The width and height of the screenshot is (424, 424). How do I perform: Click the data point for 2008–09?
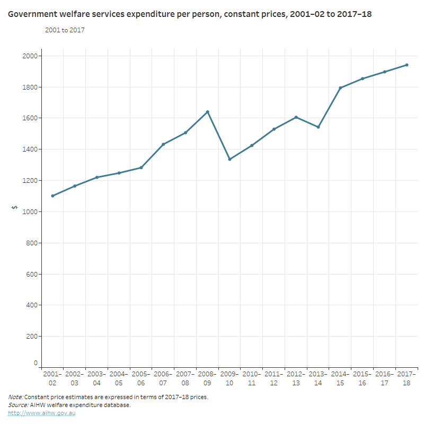pyautogui.click(x=208, y=112)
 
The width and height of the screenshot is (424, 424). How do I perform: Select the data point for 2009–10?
pyautogui.click(x=229, y=159)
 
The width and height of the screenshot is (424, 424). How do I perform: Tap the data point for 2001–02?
pyautogui.click(x=52, y=196)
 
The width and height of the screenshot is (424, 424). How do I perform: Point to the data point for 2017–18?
pyautogui.click(x=407, y=65)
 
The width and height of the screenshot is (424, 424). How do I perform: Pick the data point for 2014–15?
pyautogui.click(x=340, y=88)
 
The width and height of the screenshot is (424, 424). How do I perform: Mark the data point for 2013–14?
pyautogui.click(x=318, y=127)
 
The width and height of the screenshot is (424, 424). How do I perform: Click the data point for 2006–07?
pyautogui.click(x=163, y=144)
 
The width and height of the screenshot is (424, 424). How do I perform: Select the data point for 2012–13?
pyautogui.click(x=296, y=117)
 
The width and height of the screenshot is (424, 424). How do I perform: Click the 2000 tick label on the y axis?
pyautogui.click(x=31, y=56)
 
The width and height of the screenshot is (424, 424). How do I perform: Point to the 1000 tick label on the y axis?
pyautogui.click(x=31, y=211)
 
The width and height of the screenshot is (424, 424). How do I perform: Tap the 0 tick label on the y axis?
pyautogui.click(x=36, y=364)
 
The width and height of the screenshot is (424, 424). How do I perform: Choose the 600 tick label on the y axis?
pyautogui.click(x=32, y=274)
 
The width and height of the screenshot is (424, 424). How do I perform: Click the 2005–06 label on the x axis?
pyautogui.click(x=141, y=378)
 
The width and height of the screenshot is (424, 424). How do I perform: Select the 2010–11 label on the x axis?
pyautogui.click(x=252, y=378)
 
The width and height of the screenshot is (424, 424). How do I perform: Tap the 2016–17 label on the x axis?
pyautogui.click(x=384, y=378)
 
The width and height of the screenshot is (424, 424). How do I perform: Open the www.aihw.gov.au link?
pyautogui.click(x=41, y=413)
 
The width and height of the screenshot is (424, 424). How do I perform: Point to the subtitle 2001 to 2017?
pyautogui.click(x=65, y=30)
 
